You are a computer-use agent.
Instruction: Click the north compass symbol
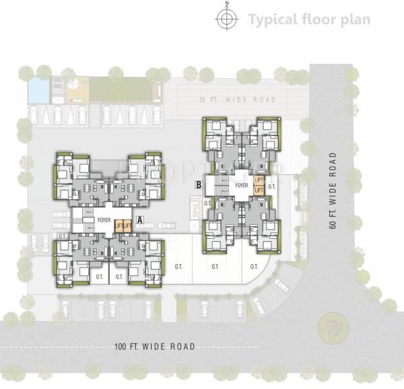tap(227, 19)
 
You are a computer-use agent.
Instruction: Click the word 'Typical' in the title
tap(272, 19)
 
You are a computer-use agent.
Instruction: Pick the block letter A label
tap(139, 219)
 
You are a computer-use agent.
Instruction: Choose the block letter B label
tap(199, 184)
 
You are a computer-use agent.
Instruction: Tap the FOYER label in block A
tap(104, 219)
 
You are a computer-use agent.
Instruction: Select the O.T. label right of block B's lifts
tap(272, 186)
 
